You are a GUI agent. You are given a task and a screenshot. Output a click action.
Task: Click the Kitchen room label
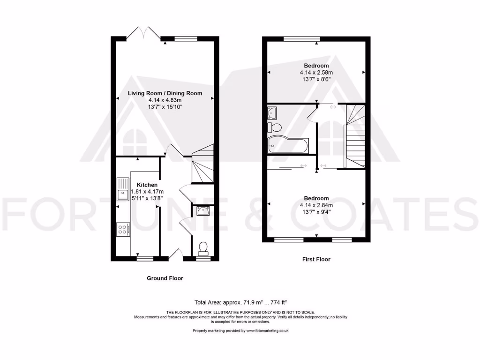coord(147,185)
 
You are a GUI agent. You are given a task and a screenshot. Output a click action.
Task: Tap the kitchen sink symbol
coord(123,189)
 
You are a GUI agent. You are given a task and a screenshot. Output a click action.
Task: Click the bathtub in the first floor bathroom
coord(287,145)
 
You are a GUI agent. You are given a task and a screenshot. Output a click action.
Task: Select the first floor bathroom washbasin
coord(272,112)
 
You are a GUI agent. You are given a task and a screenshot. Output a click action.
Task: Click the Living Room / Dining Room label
coord(165,93)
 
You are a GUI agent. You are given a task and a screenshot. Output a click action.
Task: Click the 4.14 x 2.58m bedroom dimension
coord(316,73)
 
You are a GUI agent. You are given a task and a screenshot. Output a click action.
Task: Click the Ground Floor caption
coord(165,278)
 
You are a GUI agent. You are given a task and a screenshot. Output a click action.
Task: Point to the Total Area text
coord(240,302)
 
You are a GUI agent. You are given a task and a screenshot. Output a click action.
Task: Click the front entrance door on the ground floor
coord(176,254)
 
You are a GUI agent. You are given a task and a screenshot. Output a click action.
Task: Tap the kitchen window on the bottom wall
coord(145,258)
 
